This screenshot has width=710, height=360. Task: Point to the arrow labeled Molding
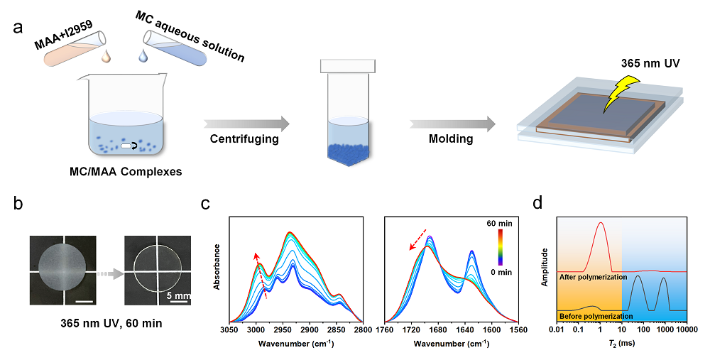coord(451,124)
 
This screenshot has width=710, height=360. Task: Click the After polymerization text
coord(593,277)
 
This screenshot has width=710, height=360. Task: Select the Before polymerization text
coord(595,315)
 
